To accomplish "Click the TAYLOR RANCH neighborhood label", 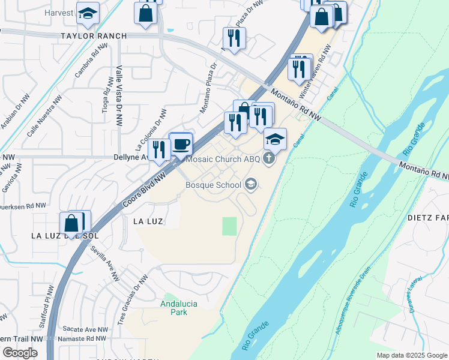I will tap(94, 36).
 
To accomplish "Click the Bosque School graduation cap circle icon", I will tap(252, 184).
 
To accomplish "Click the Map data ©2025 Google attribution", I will tap(412, 355).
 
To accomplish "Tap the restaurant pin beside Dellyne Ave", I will tap(159, 150).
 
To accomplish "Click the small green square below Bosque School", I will tap(230, 226).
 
